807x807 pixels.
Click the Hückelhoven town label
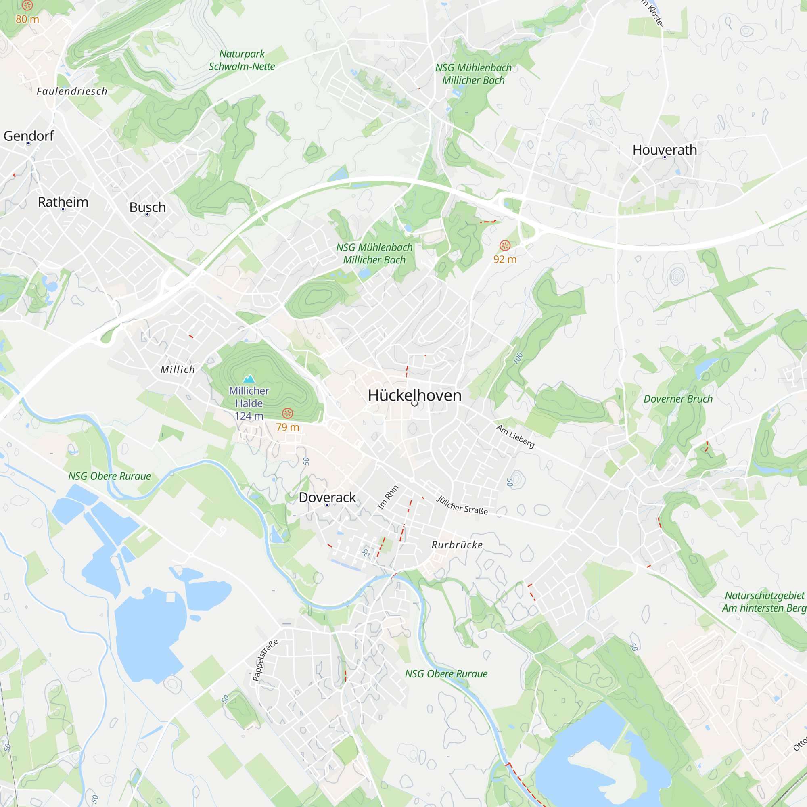tap(414, 395)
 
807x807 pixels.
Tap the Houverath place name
tap(665, 150)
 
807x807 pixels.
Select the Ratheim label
tap(63, 202)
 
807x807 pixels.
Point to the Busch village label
tap(147, 207)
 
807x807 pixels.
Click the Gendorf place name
tap(29, 136)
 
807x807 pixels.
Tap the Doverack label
tap(327, 498)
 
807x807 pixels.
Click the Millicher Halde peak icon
tap(249, 379)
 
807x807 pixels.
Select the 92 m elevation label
tap(505, 259)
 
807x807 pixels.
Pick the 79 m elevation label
tap(287, 427)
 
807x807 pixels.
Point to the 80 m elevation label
tap(27, 19)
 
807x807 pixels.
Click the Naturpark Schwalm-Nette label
tap(242, 60)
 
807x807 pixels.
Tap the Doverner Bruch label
tap(678, 399)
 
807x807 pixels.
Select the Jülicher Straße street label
tap(462, 505)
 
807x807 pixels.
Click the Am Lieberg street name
tap(515, 436)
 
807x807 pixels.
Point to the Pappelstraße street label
tap(265, 660)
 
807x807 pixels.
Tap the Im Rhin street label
tap(388, 497)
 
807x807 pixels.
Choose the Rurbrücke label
tap(457, 545)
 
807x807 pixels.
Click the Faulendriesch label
tap(72, 92)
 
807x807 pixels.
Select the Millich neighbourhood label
tap(178, 370)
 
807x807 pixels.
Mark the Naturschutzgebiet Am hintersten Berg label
tap(764, 602)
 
